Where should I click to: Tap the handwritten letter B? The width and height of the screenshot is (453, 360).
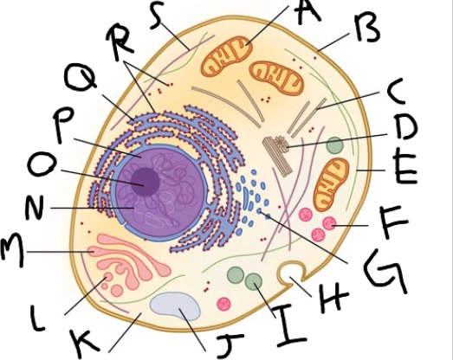pyautogui.click(x=367, y=28)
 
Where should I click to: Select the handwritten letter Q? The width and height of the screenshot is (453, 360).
pyautogui.click(x=80, y=75)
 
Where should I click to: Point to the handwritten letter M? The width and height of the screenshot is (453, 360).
pyautogui.click(x=12, y=250)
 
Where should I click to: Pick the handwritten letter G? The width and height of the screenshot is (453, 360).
pyautogui.click(x=385, y=270)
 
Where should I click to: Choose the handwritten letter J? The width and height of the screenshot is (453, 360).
pyautogui.click(x=229, y=344)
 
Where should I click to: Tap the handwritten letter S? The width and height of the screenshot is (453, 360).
pyautogui.click(x=158, y=15)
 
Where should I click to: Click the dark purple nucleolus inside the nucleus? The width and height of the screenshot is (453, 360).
pyautogui.click(x=146, y=182)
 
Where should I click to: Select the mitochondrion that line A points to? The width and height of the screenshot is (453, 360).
pyautogui.click(x=227, y=56)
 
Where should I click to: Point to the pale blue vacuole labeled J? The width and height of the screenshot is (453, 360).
pyautogui.click(x=175, y=306)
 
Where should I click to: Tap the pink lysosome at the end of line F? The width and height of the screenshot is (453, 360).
pyautogui.click(x=329, y=223)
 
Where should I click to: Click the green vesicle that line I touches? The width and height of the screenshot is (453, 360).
pyautogui.click(x=254, y=281)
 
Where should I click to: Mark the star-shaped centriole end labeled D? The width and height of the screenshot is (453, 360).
pyautogui.click(x=282, y=142)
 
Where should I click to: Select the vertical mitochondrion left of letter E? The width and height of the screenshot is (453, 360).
pyautogui.click(x=331, y=184)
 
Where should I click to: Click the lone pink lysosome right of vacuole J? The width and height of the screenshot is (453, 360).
pyautogui.click(x=223, y=304)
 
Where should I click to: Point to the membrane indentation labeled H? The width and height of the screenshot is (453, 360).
pyautogui.click(x=291, y=272)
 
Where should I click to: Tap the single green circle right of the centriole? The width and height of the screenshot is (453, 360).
pyautogui.click(x=335, y=145)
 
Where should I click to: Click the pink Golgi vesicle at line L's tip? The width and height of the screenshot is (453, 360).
pyautogui.click(x=108, y=278)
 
